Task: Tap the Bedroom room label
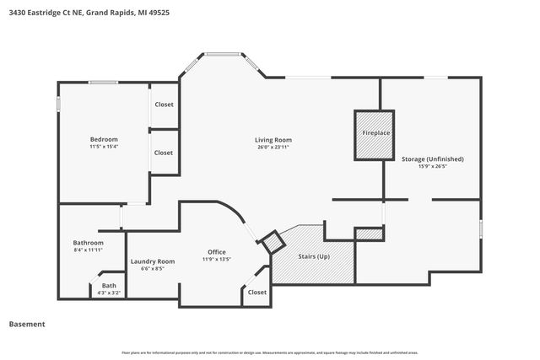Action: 104,139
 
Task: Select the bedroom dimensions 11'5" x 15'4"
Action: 104,148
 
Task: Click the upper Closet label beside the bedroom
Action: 164,105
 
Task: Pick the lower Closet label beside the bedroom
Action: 164,153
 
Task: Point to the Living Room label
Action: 273,139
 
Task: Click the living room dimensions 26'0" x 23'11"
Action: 273,148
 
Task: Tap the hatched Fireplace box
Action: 376,134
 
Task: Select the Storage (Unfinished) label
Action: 433,159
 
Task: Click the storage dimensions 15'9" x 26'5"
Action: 433,167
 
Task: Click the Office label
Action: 217,252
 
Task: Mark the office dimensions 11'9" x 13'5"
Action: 217,261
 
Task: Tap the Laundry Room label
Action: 153,261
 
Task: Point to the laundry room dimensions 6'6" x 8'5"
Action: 153,270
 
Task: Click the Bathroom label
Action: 88,243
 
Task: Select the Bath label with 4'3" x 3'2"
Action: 110,286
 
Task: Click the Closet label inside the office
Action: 256,293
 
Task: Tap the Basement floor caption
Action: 27,324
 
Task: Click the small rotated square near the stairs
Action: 273,243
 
